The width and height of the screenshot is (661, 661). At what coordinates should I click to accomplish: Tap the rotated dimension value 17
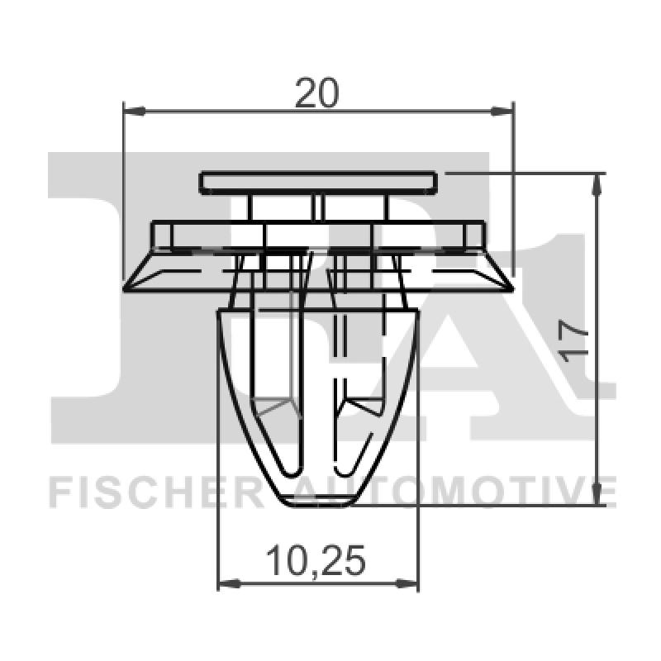click(576, 340)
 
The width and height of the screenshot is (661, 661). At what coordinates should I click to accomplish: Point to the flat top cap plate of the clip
click(317, 181)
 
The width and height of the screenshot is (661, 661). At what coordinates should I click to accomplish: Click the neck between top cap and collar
click(318, 207)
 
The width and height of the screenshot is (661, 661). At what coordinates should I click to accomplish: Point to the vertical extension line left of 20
click(123, 190)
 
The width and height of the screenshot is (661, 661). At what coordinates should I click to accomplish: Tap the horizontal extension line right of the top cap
click(521, 174)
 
